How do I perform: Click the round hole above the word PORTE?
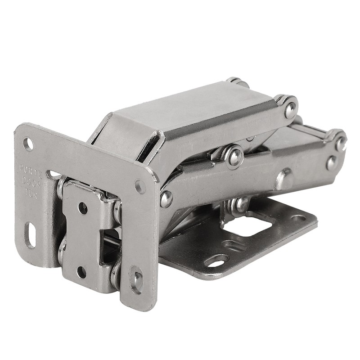point(28,144)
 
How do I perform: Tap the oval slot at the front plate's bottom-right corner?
point(136,278)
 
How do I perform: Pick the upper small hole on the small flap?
point(83,208)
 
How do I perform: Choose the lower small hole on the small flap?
point(81,271)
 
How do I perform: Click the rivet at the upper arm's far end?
point(290,110)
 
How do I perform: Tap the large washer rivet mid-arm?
point(234,157)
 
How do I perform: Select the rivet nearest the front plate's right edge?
point(166,198)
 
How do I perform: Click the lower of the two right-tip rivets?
point(332,162)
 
